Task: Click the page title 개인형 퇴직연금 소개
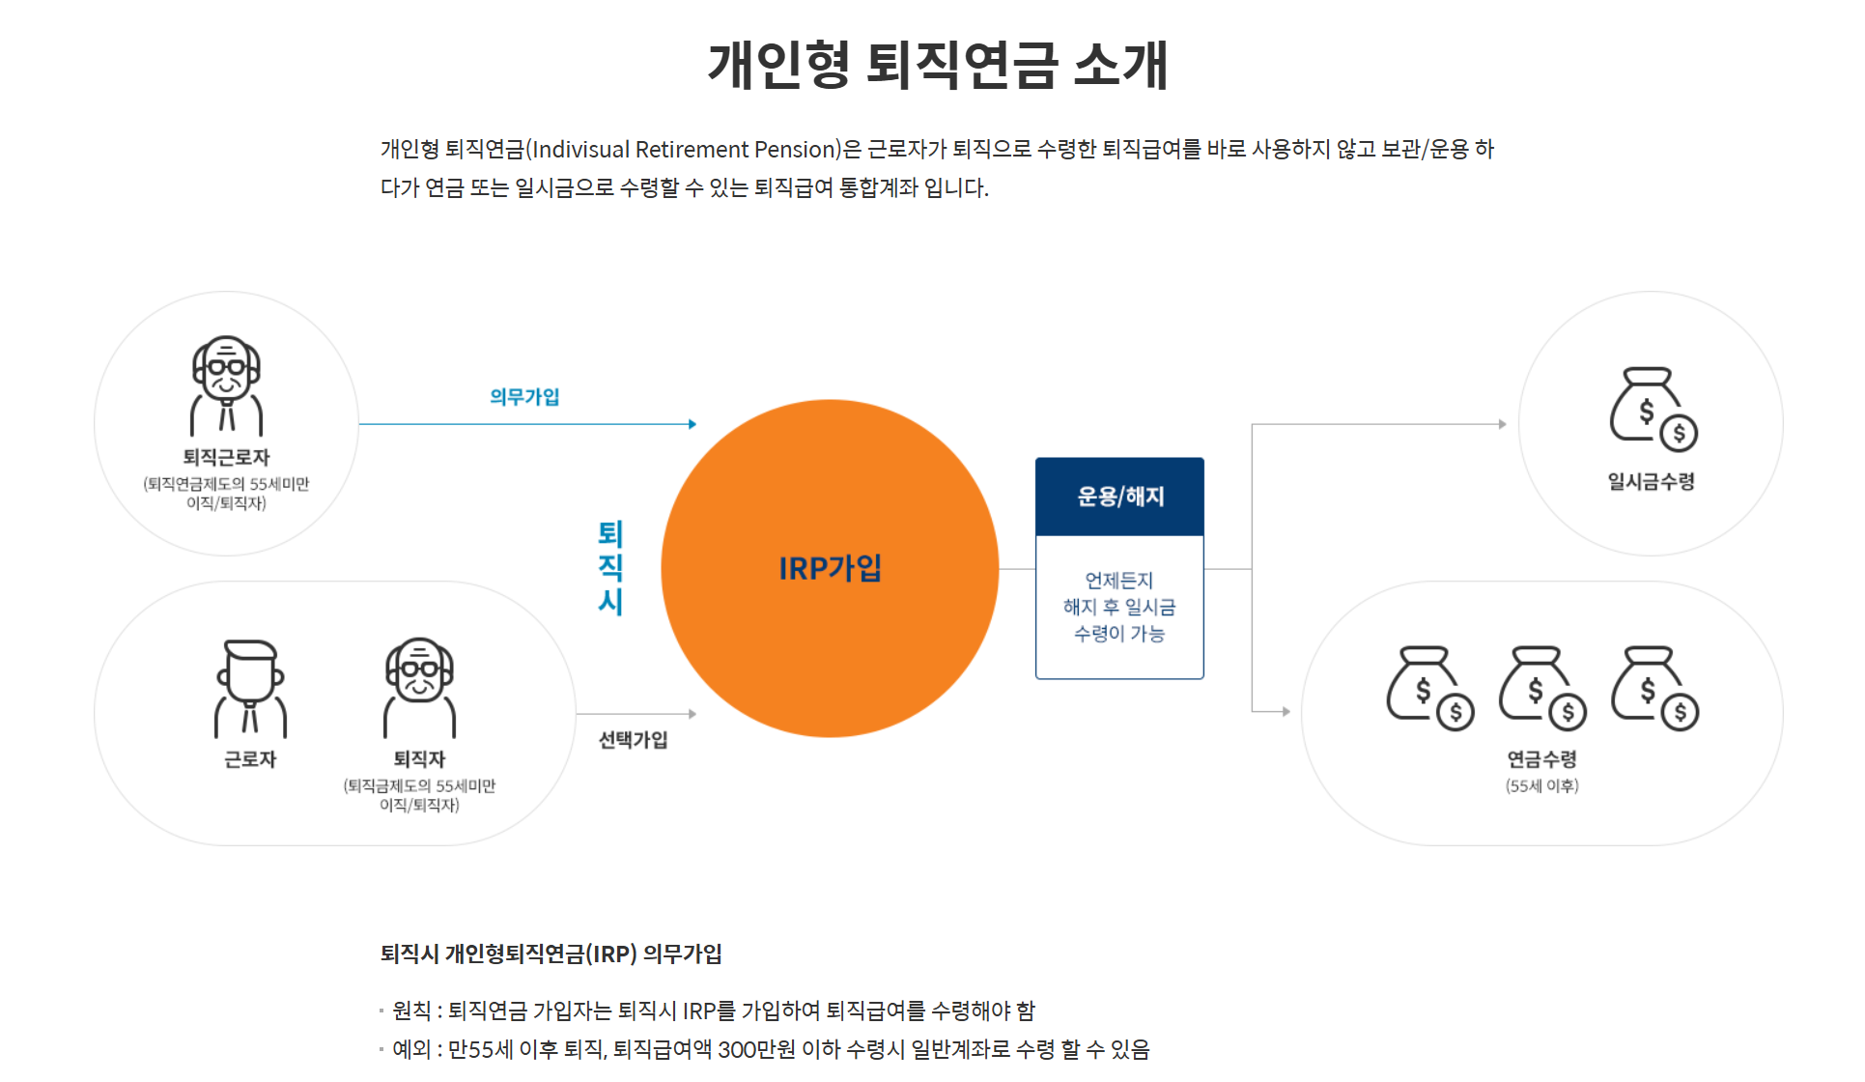[x=938, y=66]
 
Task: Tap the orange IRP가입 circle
[x=830, y=568]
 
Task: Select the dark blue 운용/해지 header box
[x=1119, y=497]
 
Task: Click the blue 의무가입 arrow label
[x=524, y=397]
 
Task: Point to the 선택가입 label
[x=633, y=740]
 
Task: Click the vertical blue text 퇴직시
[x=610, y=568]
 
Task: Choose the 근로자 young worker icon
[x=250, y=688]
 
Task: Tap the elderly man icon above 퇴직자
[x=419, y=688]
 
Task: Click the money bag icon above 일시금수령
[x=1653, y=409]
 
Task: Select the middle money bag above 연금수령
[x=1541, y=688]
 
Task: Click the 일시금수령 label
[x=1651, y=481]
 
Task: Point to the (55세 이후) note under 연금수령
[x=1541, y=786]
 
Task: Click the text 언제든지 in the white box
[x=1118, y=581]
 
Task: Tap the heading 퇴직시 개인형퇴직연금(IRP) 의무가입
[x=551, y=954]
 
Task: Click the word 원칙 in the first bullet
[x=411, y=1011]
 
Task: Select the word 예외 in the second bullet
[x=411, y=1050]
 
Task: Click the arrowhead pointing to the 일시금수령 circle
[x=1502, y=424]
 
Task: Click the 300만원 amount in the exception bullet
[x=757, y=1050]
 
